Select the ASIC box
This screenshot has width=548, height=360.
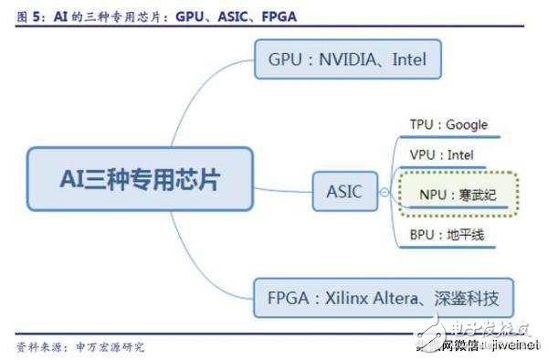[343, 192]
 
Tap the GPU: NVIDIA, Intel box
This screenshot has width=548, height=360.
[348, 61]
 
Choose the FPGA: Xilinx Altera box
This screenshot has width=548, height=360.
[383, 298]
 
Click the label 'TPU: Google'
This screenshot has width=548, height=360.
[448, 124]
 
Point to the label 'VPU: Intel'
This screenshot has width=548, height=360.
[441, 156]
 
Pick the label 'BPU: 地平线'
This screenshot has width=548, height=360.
[446, 236]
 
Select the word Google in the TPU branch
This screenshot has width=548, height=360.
[466, 124]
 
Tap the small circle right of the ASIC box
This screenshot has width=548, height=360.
[384, 192]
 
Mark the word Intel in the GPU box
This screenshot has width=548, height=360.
[409, 61]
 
